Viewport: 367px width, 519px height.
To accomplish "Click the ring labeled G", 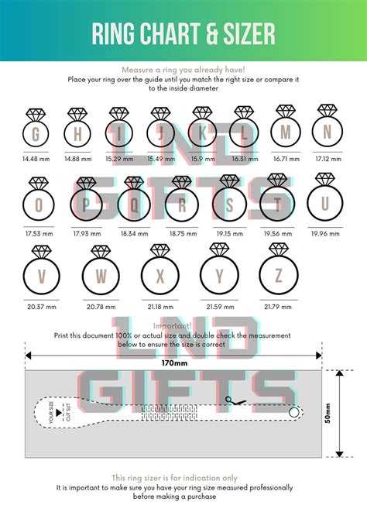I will (35, 134).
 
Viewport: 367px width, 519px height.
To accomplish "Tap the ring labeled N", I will (328, 132).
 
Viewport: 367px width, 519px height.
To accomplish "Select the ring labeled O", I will (39, 205).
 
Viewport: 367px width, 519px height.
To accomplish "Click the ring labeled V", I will (41, 275).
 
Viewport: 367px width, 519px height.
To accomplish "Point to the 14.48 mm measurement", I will (35, 159).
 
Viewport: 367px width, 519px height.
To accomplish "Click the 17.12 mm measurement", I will (328, 158).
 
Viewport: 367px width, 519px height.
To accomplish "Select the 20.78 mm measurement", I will (101, 307).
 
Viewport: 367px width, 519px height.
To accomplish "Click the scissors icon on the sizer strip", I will (231, 400).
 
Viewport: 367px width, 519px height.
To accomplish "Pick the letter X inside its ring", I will (160, 276).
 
